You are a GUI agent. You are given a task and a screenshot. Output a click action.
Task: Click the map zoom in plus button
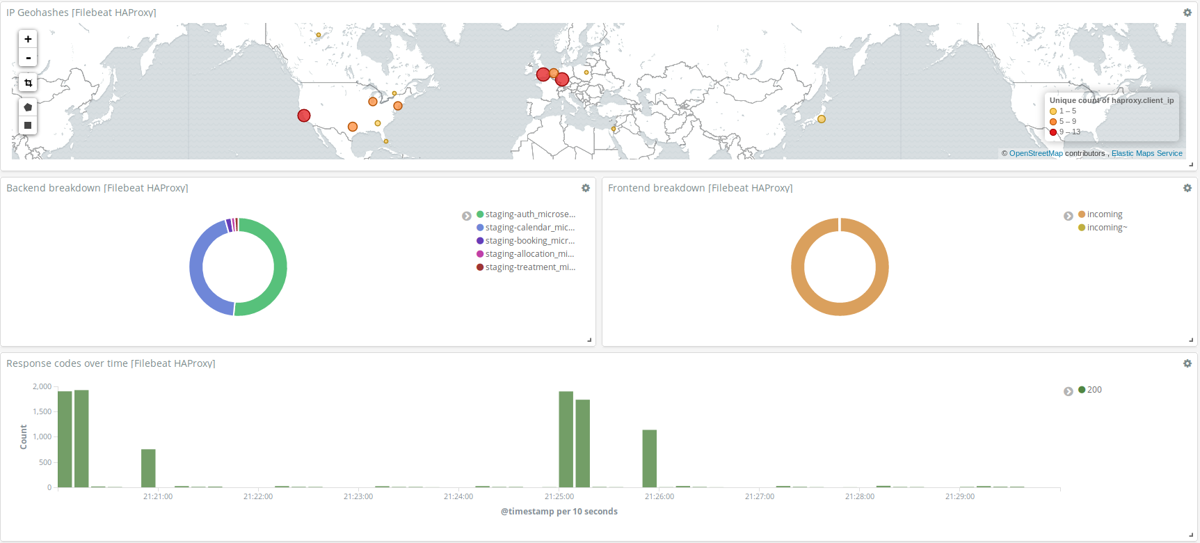pyautogui.click(x=28, y=39)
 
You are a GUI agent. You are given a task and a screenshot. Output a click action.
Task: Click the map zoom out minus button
pyautogui.click(x=28, y=58)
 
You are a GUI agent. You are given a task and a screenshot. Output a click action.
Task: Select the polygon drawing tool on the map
pyautogui.click(x=28, y=107)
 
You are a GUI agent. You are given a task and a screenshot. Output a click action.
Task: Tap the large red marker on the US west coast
pyautogui.click(x=304, y=116)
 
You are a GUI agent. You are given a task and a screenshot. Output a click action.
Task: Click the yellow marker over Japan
pyautogui.click(x=822, y=119)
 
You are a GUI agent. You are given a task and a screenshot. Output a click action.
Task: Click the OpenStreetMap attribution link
pyautogui.click(x=1036, y=153)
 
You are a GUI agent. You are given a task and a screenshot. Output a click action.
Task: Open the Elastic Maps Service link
pyautogui.click(x=1146, y=153)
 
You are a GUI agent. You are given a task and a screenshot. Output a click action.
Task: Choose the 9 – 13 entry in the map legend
pyautogui.click(x=1069, y=132)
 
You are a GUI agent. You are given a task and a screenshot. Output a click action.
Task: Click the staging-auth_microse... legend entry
pyautogui.click(x=529, y=214)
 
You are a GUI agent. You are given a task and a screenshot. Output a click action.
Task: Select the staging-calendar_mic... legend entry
pyautogui.click(x=529, y=228)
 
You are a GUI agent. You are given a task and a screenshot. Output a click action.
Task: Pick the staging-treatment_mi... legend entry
pyautogui.click(x=529, y=267)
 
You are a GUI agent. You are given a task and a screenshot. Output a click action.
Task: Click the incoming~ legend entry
pyautogui.click(x=1106, y=228)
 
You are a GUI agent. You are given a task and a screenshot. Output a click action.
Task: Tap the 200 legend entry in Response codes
pyautogui.click(x=1094, y=390)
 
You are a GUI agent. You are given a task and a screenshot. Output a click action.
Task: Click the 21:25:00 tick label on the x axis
pyautogui.click(x=559, y=496)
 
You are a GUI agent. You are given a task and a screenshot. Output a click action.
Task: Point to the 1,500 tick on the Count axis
pyautogui.click(x=42, y=411)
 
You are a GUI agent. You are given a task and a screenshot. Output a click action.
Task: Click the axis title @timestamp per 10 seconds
pyautogui.click(x=559, y=512)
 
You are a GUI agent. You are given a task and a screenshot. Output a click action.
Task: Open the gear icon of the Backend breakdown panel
pyautogui.click(x=586, y=188)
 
